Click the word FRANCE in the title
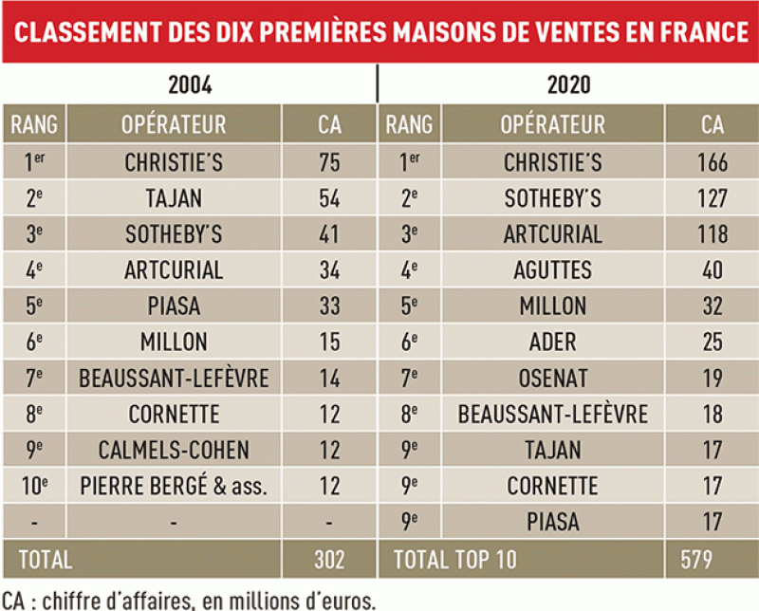point(691,32)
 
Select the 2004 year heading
point(190,84)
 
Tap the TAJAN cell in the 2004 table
point(174,198)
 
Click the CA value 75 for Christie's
point(329,162)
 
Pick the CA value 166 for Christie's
point(711,162)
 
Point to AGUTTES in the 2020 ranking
point(552,270)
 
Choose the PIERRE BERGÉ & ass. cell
point(174,487)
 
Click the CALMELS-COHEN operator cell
point(174,451)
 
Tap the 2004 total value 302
point(329,559)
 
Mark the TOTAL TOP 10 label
point(455,559)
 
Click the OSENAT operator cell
point(552,379)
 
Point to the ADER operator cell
point(552,343)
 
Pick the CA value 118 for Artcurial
point(711,234)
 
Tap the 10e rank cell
point(34,487)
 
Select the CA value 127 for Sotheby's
point(711,198)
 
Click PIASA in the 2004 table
point(174,306)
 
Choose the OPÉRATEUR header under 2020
point(552,124)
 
